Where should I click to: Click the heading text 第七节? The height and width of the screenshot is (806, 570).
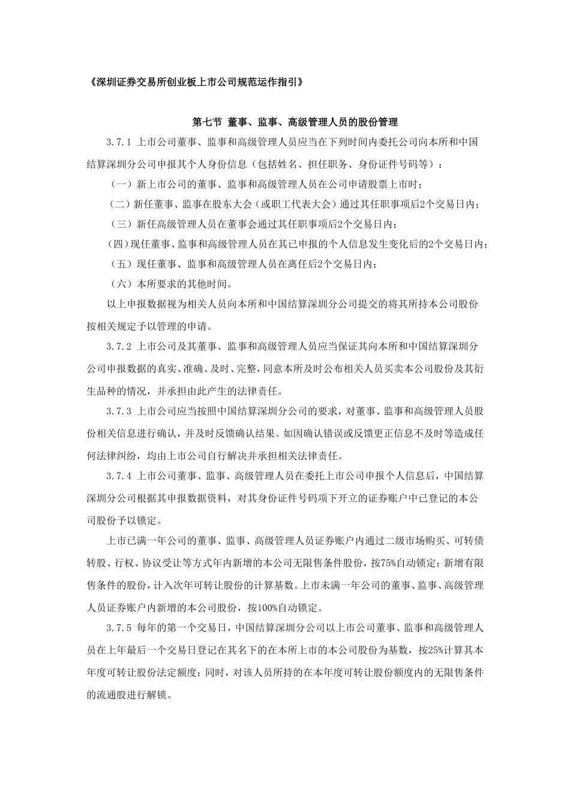click(x=206, y=122)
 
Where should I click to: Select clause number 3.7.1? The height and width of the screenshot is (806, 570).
click(x=118, y=143)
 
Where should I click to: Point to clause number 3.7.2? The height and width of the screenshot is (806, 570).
click(x=118, y=347)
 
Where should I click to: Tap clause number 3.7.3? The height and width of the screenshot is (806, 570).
click(x=118, y=411)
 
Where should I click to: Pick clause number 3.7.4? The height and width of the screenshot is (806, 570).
click(x=118, y=476)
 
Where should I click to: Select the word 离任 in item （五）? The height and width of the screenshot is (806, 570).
click(x=301, y=264)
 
